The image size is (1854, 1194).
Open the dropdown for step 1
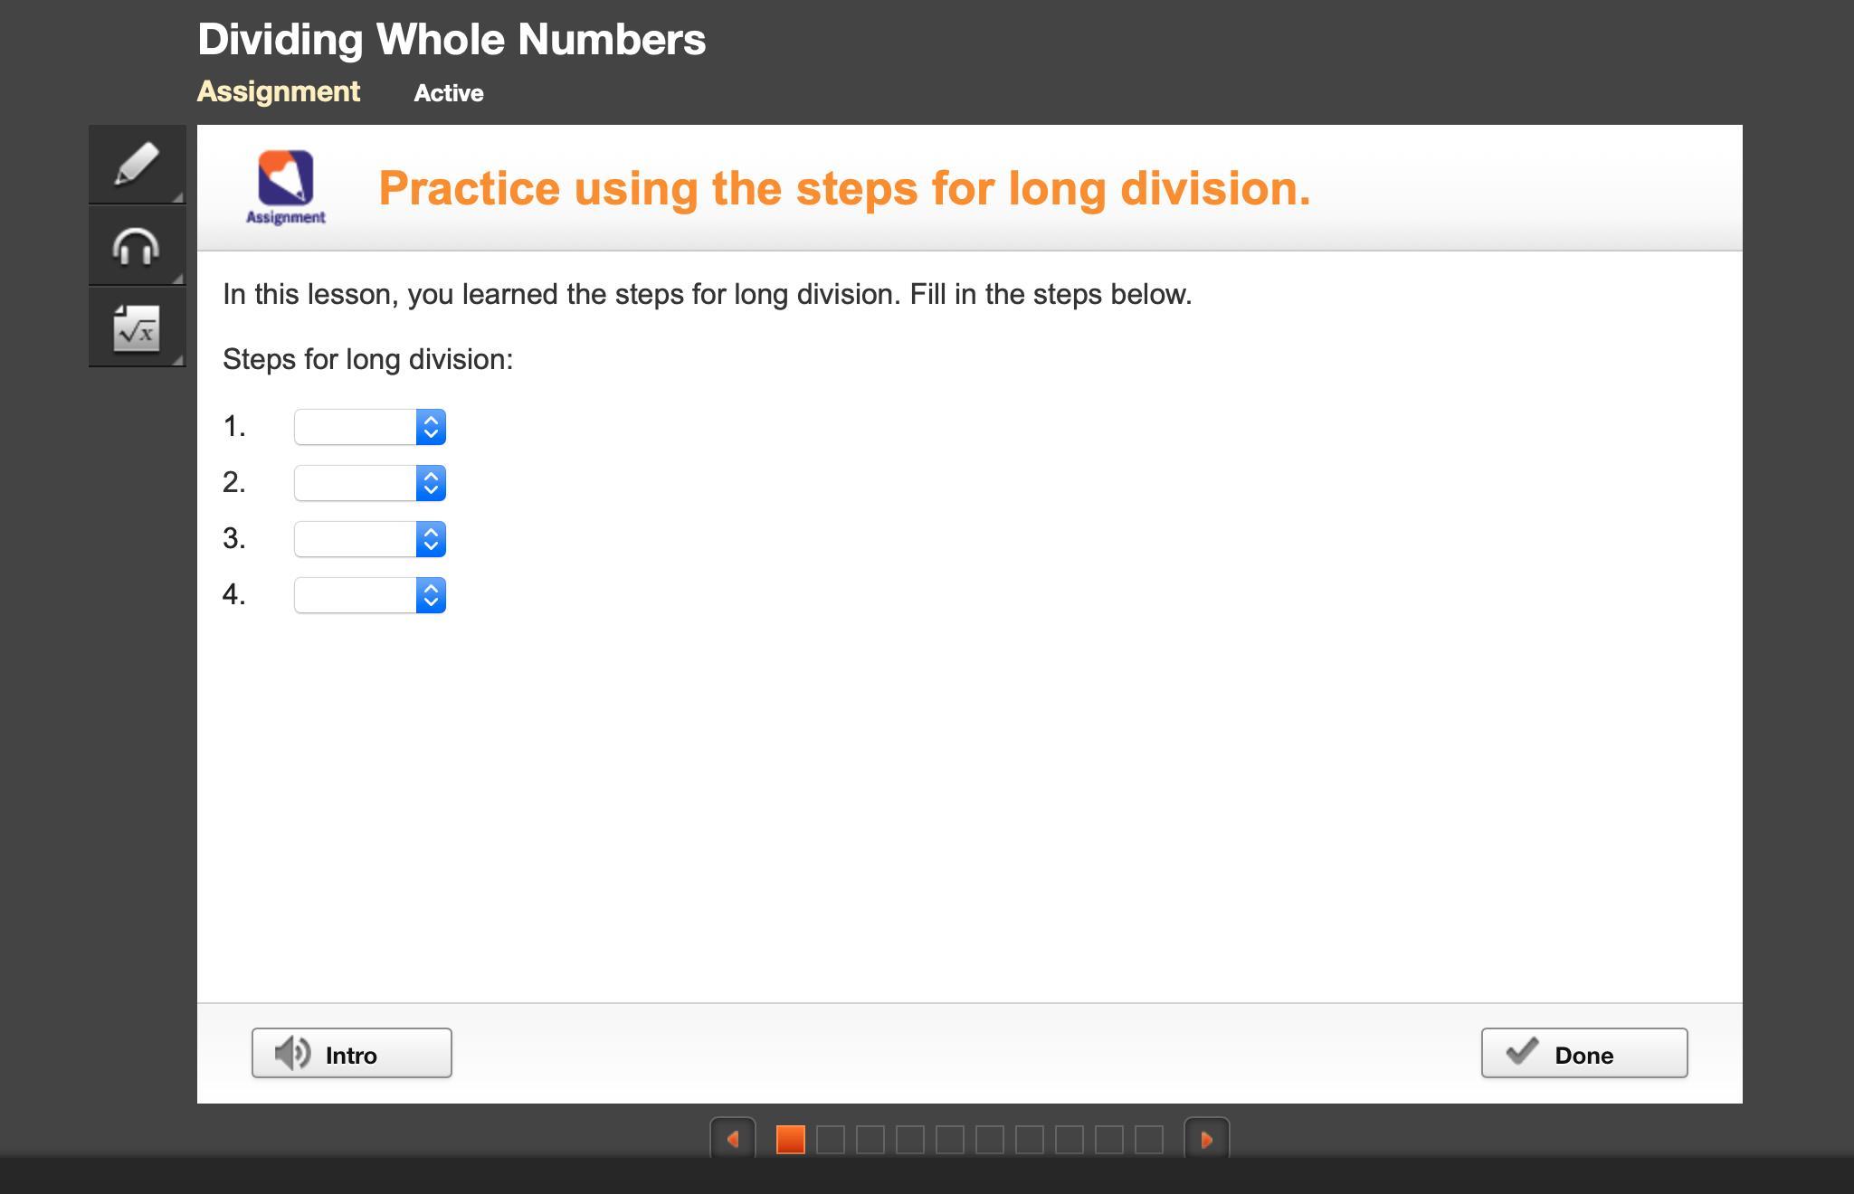[370, 427]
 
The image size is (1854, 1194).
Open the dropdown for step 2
[370, 483]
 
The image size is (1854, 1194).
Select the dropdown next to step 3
[370, 539]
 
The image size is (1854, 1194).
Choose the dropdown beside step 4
[370, 595]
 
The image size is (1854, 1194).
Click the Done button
[1584, 1053]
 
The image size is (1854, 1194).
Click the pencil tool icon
[137, 164]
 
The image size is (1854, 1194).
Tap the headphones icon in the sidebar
[137, 246]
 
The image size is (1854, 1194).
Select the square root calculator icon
[137, 327]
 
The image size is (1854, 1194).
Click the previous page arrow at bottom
[733, 1140]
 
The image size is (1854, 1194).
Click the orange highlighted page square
[791, 1140]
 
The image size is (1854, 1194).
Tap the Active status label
[449, 93]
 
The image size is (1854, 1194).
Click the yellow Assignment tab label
[279, 91]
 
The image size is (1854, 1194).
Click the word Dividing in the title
[280, 40]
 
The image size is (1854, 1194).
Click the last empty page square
[1149, 1140]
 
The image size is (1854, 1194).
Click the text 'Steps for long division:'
[368, 359]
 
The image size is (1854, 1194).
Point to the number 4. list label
[234, 594]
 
